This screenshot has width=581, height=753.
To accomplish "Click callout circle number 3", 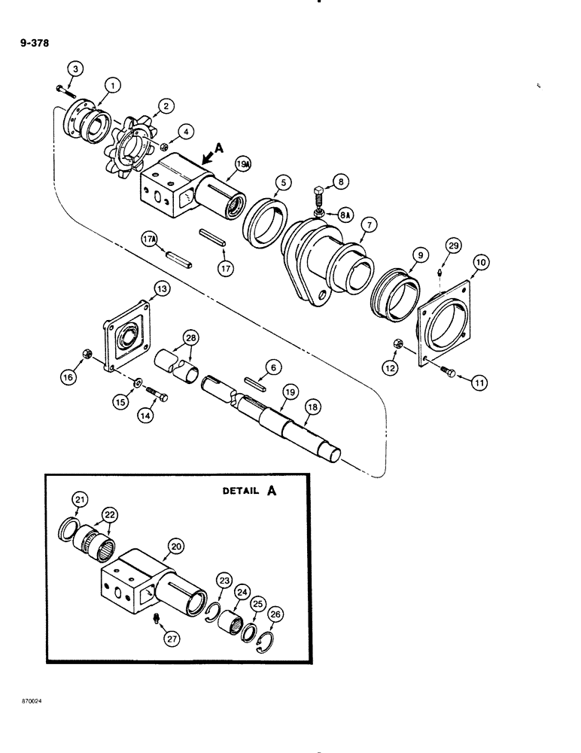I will coord(73,69).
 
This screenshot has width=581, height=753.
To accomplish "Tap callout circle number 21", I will coord(80,499).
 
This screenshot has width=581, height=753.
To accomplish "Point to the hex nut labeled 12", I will coord(398,345).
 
